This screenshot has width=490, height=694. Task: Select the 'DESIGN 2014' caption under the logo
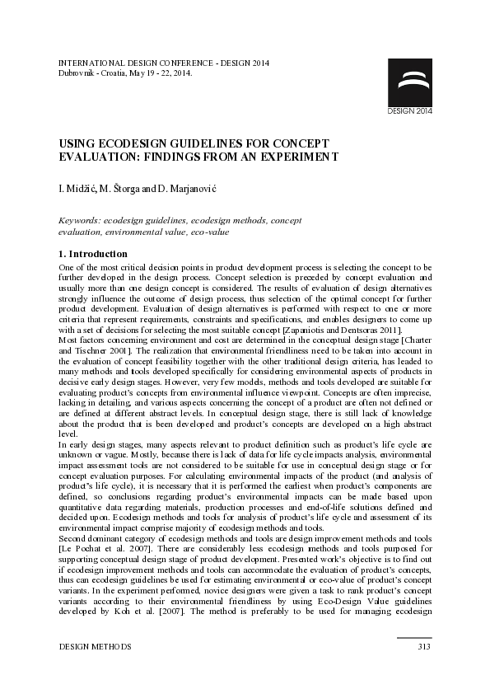(409, 110)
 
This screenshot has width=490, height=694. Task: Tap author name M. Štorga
(121, 190)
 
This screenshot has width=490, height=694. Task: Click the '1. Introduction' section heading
(93, 254)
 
